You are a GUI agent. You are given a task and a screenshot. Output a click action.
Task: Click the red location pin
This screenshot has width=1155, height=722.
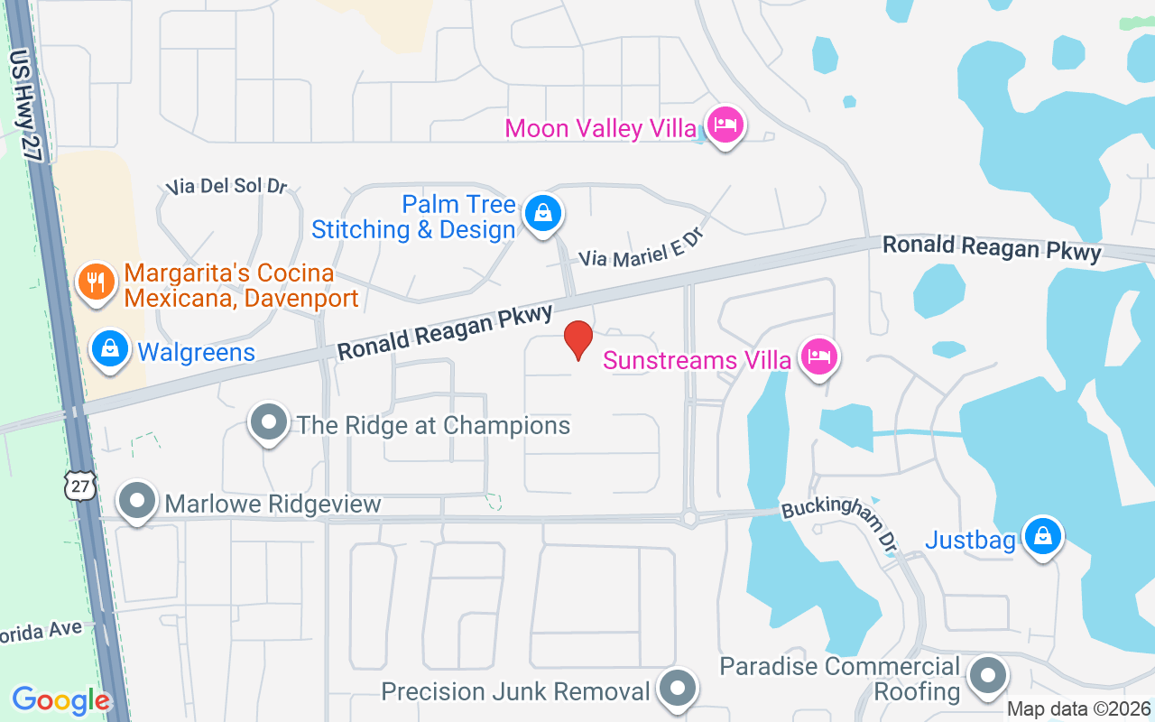click(x=577, y=338)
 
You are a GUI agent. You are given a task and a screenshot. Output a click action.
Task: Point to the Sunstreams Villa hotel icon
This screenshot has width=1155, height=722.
click(x=818, y=357)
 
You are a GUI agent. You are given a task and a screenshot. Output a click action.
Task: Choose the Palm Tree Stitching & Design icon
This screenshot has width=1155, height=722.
click(x=543, y=214)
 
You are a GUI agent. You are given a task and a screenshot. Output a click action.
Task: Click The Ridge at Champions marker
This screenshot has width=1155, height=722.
click(x=268, y=422)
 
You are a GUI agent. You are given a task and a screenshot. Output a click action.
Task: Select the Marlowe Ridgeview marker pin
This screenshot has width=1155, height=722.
click(x=138, y=501)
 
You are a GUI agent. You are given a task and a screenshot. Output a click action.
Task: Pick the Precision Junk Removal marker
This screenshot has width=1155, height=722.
click(x=677, y=690)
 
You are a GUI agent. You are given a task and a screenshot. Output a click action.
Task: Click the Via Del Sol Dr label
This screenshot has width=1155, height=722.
click(x=226, y=187)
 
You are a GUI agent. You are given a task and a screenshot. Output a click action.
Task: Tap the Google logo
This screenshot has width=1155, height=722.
click(x=60, y=699)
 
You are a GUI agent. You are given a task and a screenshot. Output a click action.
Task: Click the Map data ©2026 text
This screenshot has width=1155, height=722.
click(x=1078, y=708)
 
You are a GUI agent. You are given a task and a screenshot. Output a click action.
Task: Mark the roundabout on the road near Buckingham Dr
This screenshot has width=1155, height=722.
click(x=690, y=518)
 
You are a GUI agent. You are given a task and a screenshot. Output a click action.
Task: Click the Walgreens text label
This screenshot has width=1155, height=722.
click(x=196, y=351)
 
